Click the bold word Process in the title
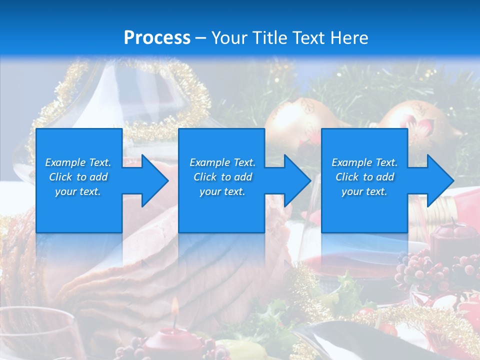157,37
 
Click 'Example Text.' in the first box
78,162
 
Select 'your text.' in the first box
78,191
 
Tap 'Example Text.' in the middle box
222,162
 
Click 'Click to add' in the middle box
222,177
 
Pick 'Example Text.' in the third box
364,162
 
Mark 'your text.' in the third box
364,191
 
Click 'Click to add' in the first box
78,177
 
